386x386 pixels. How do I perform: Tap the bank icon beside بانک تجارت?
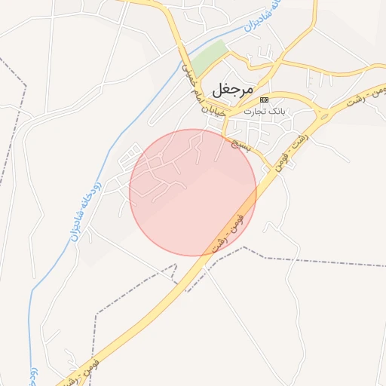pyautogui.click(x=264, y=100)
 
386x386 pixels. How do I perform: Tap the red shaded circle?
pyautogui.click(x=193, y=192)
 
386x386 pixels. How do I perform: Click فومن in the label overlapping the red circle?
pyautogui.click(x=240, y=221)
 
